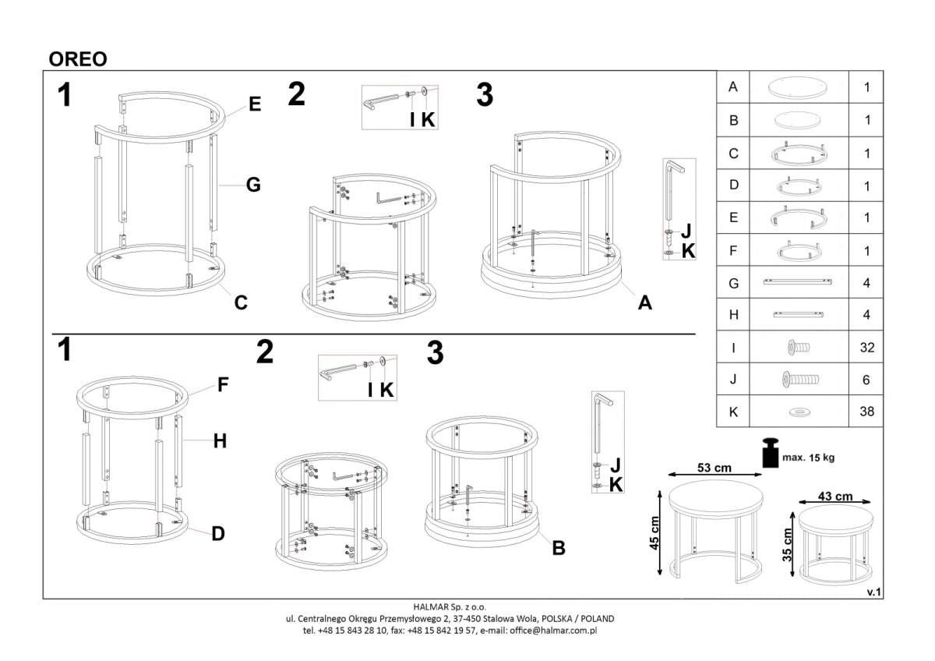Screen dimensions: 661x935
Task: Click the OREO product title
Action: click(78, 59)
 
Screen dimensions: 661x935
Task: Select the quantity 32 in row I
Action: click(866, 348)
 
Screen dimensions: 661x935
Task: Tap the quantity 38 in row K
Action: click(866, 412)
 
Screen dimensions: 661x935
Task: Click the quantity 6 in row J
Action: click(866, 380)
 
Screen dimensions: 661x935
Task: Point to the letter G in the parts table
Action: click(732, 283)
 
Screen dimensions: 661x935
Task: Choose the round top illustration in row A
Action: click(798, 87)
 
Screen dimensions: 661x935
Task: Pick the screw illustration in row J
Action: click(798, 380)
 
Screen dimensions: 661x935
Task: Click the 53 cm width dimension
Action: click(713, 468)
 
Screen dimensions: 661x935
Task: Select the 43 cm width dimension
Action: click(834, 497)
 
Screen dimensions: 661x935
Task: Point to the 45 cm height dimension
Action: click(655, 533)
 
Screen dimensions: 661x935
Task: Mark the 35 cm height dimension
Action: click(787, 544)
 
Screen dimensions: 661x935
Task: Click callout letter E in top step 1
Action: click(255, 104)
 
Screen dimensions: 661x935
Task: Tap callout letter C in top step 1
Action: click(241, 302)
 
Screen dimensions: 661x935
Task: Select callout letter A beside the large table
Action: click(644, 303)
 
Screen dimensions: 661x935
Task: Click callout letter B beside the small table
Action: click(558, 548)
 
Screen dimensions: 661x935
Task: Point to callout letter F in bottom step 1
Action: click(223, 384)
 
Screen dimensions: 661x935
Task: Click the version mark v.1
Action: click(873, 592)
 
